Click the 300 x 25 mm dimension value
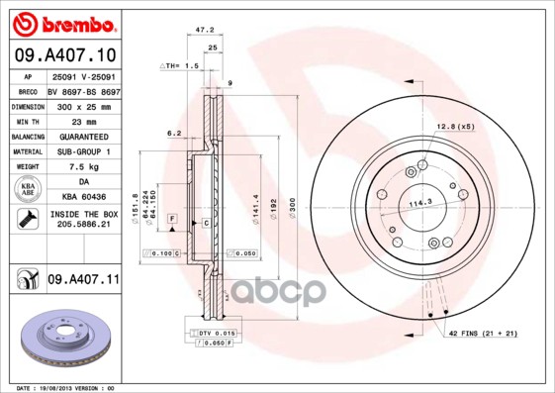point(82,104)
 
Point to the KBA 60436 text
point(82,197)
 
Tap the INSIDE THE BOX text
point(82,214)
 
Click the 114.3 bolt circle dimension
point(422,203)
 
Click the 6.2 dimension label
point(174,132)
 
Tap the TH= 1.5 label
point(181,64)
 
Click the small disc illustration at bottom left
point(60,337)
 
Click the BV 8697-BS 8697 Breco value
point(82,88)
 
